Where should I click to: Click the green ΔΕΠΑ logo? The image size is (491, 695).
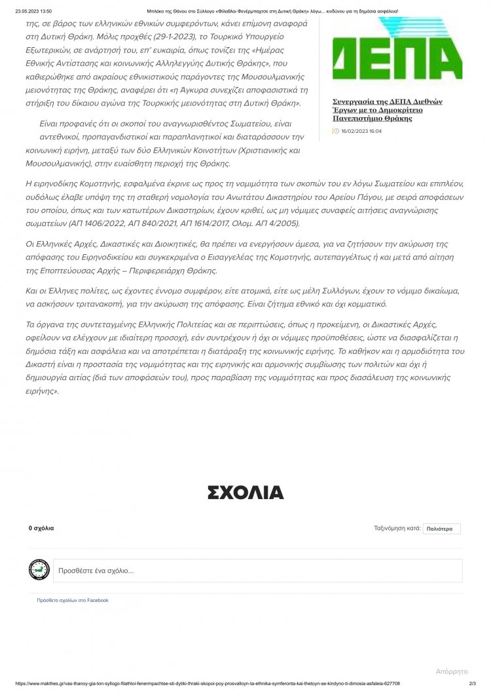[x=397, y=50]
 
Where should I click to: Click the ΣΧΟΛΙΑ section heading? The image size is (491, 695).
[x=245, y=493]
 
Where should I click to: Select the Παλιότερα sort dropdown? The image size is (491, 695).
[x=442, y=529]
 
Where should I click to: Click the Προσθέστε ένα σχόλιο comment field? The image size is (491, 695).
[x=257, y=571]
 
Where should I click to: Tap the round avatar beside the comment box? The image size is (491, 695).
[x=39, y=570]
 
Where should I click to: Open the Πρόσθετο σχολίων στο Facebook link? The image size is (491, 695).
[x=73, y=600]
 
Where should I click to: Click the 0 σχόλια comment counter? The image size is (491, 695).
[x=41, y=528]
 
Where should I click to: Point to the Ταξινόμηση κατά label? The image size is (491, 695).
[x=397, y=528]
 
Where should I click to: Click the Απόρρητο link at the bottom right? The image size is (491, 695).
[x=452, y=671]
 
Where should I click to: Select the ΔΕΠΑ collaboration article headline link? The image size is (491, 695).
[x=388, y=110]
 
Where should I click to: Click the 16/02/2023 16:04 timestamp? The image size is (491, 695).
[x=361, y=131]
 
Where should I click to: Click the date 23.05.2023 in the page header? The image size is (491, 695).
[x=26, y=11]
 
